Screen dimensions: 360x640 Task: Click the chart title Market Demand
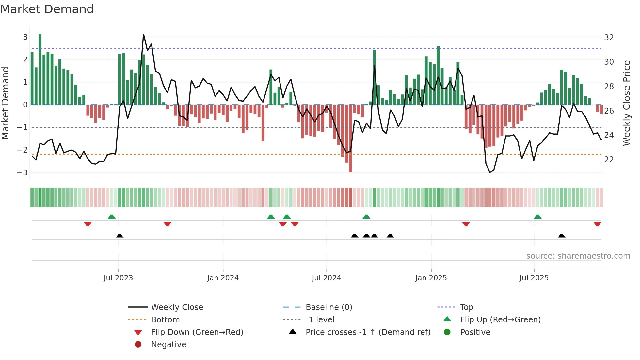click(47, 9)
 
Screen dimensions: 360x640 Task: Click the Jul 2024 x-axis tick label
click(326, 278)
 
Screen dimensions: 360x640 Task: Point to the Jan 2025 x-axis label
click(431, 278)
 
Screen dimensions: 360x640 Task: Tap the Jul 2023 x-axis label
click(118, 278)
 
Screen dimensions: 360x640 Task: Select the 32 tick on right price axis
click(609, 38)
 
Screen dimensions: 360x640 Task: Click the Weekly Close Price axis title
click(626, 103)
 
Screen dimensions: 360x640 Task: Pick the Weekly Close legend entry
click(177, 307)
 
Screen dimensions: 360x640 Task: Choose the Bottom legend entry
click(165, 320)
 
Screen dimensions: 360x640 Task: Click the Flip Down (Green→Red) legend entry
click(197, 332)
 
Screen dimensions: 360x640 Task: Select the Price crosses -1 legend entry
click(368, 332)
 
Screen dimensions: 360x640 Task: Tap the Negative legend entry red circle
click(138, 345)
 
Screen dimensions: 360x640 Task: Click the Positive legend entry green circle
click(447, 332)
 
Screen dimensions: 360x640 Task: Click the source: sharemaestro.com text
click(578, 256)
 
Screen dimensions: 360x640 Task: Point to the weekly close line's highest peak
click(143, 35)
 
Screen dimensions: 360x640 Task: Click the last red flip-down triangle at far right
click(597, 224)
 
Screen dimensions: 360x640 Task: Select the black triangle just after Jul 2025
click(561, 236)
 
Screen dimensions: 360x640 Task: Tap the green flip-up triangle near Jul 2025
click(537, 217)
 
